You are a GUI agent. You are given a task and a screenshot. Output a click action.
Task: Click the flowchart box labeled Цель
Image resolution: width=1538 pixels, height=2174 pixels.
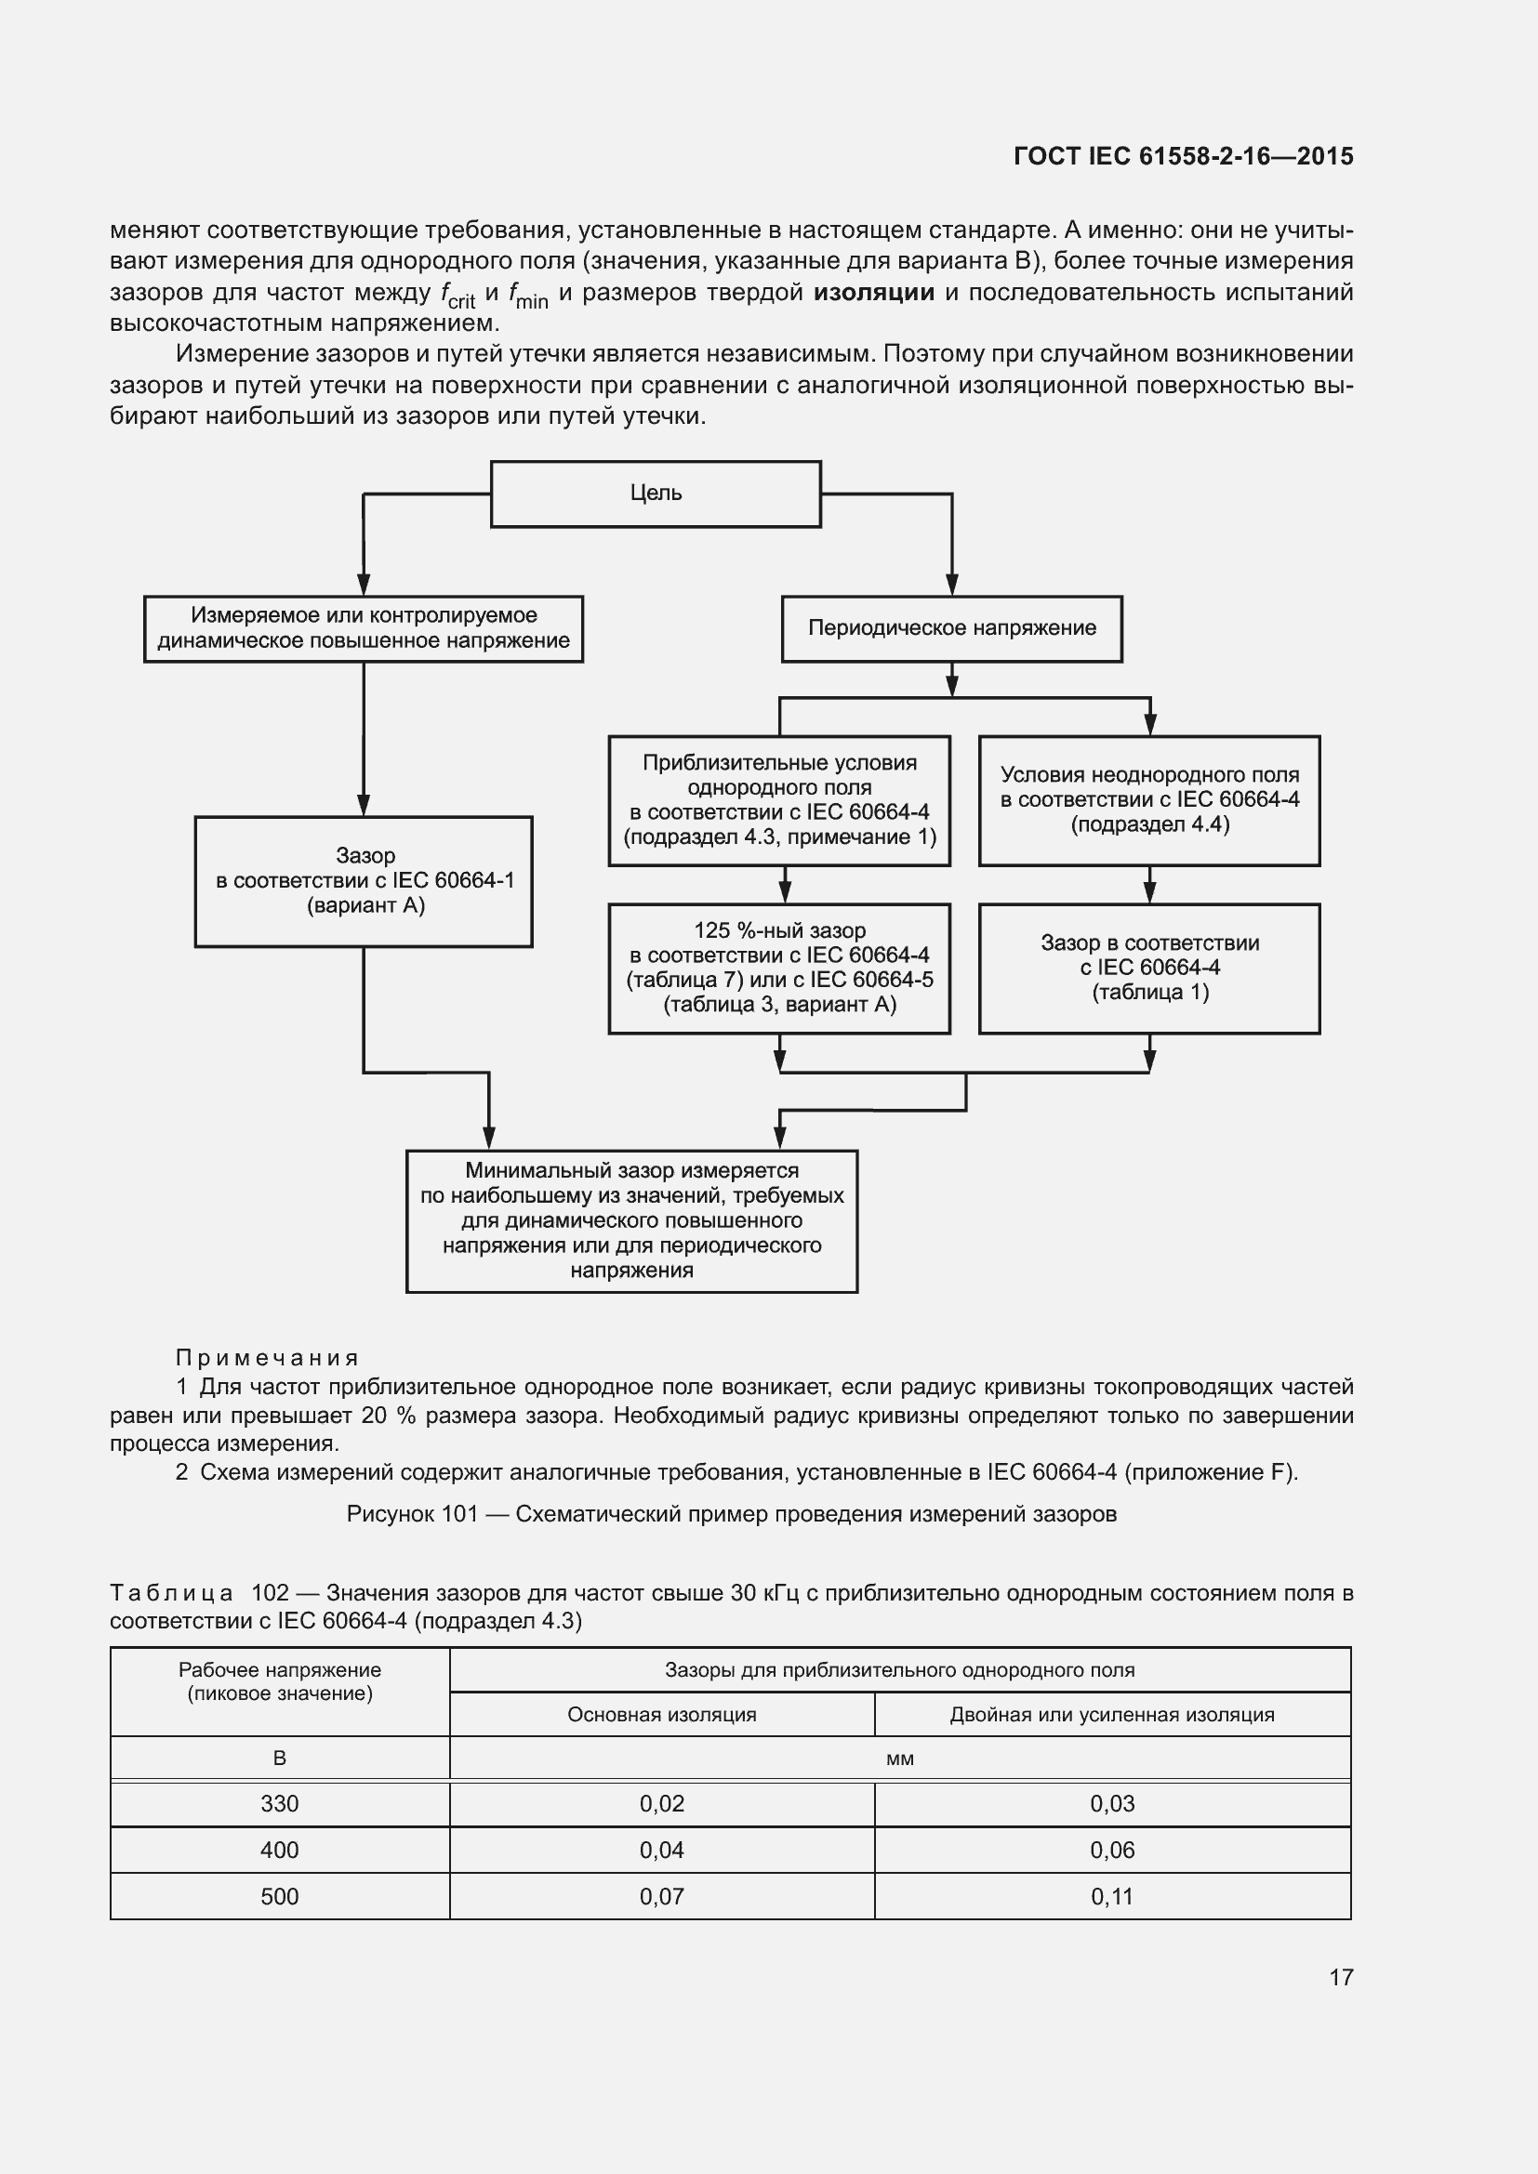656,494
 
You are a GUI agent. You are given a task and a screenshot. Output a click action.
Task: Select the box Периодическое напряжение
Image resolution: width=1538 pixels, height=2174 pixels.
952,628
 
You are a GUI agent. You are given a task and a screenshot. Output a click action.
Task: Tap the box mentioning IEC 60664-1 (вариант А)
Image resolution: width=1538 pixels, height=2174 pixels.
364,880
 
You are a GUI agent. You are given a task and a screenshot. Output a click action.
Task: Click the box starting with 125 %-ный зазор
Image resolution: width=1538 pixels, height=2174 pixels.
778,968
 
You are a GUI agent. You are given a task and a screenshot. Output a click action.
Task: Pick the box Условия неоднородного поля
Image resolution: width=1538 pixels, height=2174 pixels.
1148,800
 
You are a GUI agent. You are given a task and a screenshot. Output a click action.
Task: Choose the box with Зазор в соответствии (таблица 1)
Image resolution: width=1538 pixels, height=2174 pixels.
1148,968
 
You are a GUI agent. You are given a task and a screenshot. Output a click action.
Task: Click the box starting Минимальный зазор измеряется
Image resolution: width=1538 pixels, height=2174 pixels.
631,1220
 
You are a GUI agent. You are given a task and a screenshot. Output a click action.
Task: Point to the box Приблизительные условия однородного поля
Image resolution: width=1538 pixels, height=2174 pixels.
778,800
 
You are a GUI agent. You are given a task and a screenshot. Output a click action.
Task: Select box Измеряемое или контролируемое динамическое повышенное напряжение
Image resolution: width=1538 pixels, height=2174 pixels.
364,628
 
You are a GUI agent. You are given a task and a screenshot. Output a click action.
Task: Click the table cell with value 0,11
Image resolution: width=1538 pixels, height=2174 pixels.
1112,1897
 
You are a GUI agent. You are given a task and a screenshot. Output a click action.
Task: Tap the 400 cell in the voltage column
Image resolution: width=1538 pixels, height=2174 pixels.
279,1850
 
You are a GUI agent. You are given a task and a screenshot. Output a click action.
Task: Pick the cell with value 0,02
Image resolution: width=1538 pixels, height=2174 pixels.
661,1803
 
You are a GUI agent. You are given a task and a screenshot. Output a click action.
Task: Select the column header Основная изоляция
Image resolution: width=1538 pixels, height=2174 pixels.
661,1714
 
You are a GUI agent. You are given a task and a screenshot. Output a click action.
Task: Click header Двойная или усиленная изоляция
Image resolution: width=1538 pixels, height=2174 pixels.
1112,1714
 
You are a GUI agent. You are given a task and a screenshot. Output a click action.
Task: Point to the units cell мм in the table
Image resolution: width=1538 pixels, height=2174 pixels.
900,1759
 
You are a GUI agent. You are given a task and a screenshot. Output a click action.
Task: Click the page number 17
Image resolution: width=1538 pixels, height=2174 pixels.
1341,1977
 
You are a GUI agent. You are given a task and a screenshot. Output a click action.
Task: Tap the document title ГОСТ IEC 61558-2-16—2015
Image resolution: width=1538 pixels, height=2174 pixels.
1183,156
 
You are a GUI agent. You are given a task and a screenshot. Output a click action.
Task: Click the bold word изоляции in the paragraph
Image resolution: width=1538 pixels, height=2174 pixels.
873,293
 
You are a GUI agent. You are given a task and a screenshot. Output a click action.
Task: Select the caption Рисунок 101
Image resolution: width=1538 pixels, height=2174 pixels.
731,1513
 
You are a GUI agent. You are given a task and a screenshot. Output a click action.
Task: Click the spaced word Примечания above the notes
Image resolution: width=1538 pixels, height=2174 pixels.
267,1358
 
